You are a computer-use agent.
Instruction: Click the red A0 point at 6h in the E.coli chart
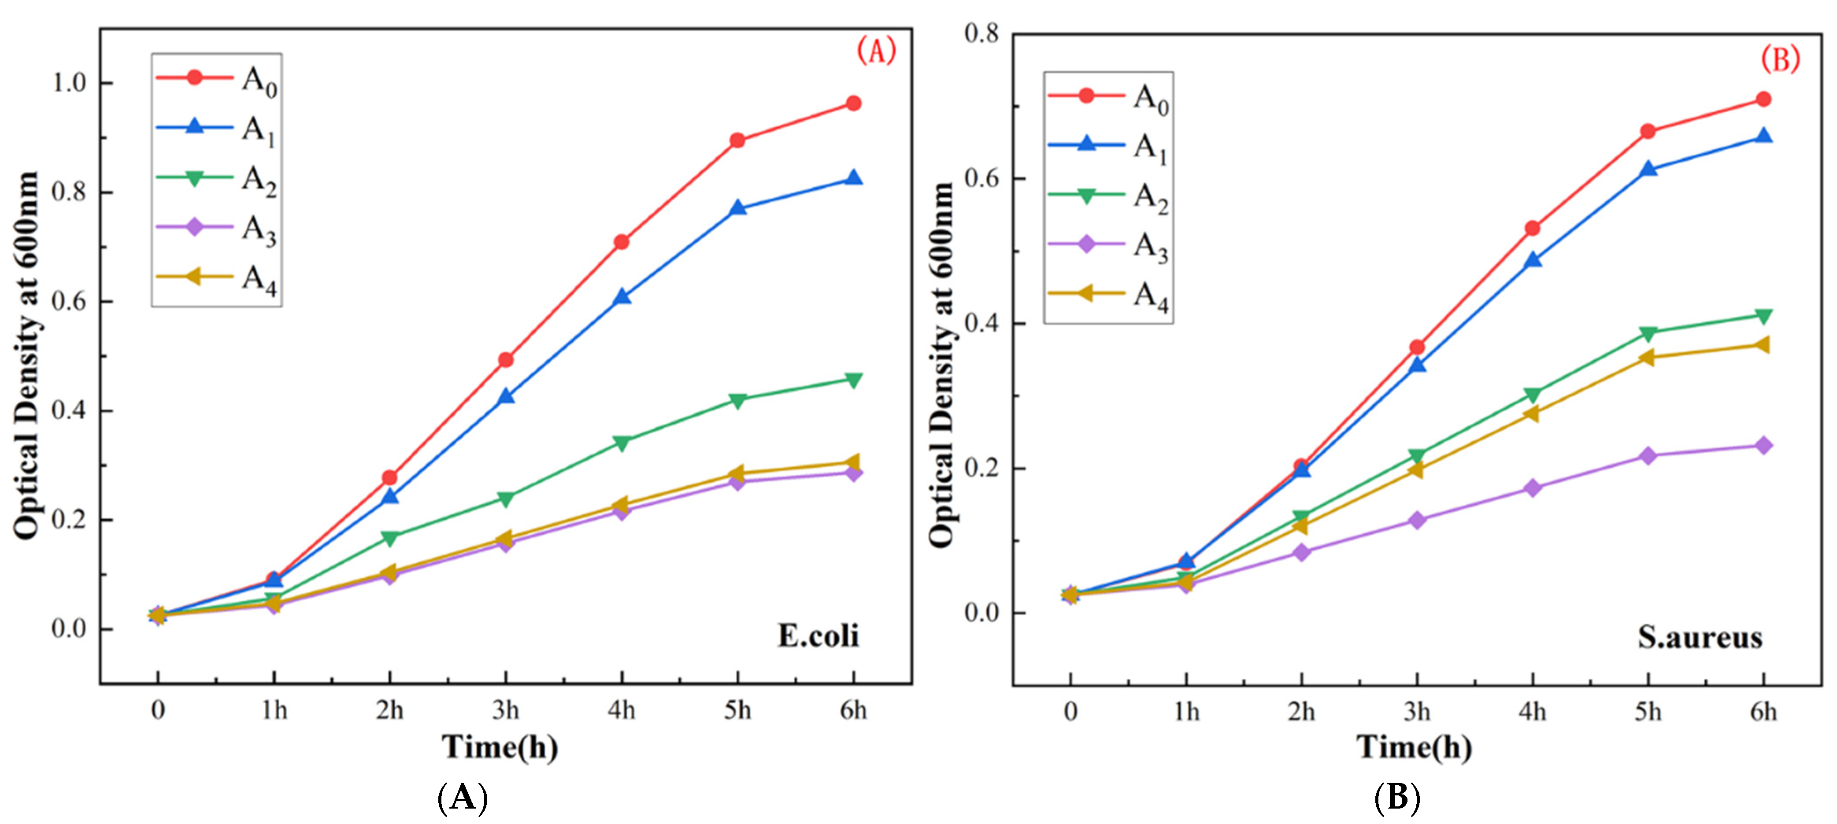(x=853, y=103)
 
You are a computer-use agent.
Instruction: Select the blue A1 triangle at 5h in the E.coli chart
(x=737, y=208)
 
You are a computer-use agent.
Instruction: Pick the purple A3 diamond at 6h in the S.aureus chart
(x=1763, y=446)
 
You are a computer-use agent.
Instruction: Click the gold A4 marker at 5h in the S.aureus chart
(x=1647, y=357)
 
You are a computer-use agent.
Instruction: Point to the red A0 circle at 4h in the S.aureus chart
(x=1532, y=228)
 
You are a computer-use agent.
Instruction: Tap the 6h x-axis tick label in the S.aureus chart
(x=1763, y=711)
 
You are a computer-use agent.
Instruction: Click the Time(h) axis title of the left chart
(x=500, y=747)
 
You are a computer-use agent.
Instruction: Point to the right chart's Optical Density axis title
(x=942, y=363)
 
